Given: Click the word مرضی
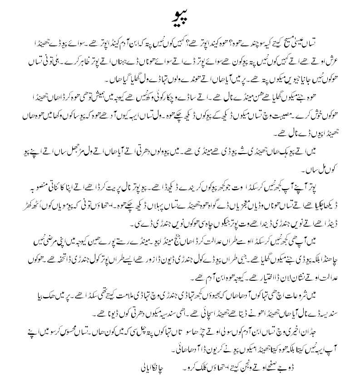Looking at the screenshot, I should pyautogui.click(x=46, y=236).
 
